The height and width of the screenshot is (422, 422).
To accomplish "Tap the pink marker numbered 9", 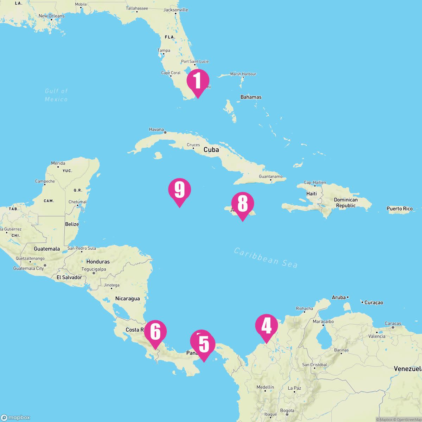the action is [179, 190].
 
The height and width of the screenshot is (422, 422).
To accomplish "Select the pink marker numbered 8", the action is [242, 204].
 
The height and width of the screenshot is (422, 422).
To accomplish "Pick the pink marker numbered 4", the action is [266, 326].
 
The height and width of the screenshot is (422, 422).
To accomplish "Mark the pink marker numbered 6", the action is [155, 332].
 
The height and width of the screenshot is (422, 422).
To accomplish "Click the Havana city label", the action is [156, 129].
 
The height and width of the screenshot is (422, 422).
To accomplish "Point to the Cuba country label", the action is [211, 149].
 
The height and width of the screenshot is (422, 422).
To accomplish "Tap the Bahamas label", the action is [251, 97].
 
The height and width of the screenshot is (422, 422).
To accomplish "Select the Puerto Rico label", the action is [399, 209].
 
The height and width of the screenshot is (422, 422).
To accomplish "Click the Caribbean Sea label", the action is [266, 258].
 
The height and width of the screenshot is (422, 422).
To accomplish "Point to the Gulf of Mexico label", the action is [56, 95].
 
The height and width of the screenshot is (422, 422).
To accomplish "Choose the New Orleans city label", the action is [51, 16].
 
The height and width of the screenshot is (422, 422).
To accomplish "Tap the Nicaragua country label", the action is [127, 299].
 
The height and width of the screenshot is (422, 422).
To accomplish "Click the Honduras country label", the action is [98, 262].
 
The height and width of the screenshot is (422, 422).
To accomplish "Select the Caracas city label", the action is [393, 324].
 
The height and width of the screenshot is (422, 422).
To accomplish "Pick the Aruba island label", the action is [339, 298].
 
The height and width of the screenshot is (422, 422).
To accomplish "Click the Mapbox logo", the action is [15, 417].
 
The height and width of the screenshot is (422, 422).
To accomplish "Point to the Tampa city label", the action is [164, 51].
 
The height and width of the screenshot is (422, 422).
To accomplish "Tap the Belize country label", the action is [72, 224].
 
